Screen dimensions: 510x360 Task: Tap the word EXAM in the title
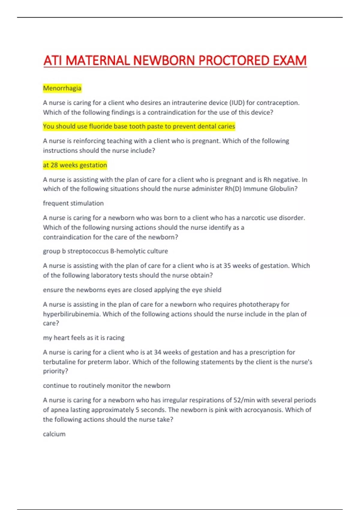point(289,61)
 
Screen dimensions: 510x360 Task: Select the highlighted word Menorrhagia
point(62,88)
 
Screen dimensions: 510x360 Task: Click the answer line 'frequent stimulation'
point(73,203)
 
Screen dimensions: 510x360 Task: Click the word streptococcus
point(88,251)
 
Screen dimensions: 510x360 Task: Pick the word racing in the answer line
point(115,338)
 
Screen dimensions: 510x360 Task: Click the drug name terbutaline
point(59,362)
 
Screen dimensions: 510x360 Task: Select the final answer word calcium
point(54,434)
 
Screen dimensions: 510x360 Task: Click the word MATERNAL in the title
point(98,61)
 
